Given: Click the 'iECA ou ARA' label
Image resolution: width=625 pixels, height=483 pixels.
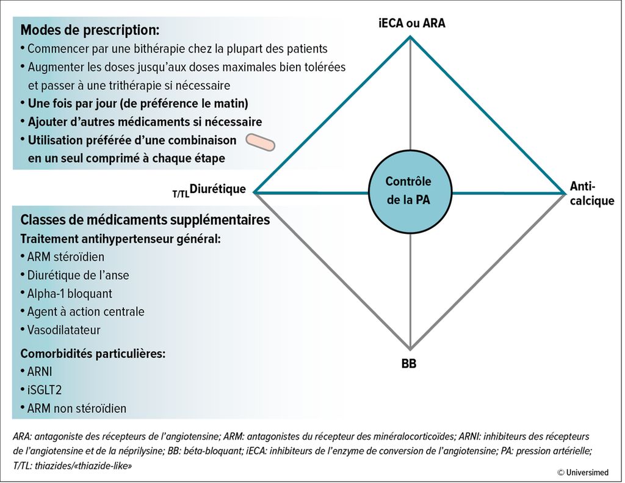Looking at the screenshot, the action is click(x=412, y=23).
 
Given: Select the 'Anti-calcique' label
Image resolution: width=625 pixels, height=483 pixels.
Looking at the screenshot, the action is click(x=592, y=194).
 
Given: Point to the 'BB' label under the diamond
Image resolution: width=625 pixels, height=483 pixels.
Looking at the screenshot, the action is click(x=409, y=364).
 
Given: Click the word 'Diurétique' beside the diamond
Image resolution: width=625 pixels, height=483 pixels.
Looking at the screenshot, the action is click(x=218, y=189).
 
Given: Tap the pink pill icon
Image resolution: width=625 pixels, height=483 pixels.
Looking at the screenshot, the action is click(x=260, y=142).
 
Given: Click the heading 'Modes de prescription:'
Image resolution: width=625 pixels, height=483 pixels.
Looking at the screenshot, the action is click(x=90, y=30).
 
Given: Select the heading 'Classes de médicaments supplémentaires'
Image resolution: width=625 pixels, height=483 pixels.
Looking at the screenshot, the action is click(x=145, y=220).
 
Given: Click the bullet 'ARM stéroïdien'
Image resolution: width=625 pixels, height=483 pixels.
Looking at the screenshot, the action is click(x=66, y=257).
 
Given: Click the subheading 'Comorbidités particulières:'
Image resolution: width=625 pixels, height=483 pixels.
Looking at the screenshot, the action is click(x=93, y=354).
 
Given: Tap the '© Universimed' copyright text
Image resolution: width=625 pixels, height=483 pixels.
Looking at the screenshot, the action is click(x=583, y=473).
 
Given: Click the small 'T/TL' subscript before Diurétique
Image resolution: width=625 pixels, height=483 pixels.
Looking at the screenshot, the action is click(x=181, y=194).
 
